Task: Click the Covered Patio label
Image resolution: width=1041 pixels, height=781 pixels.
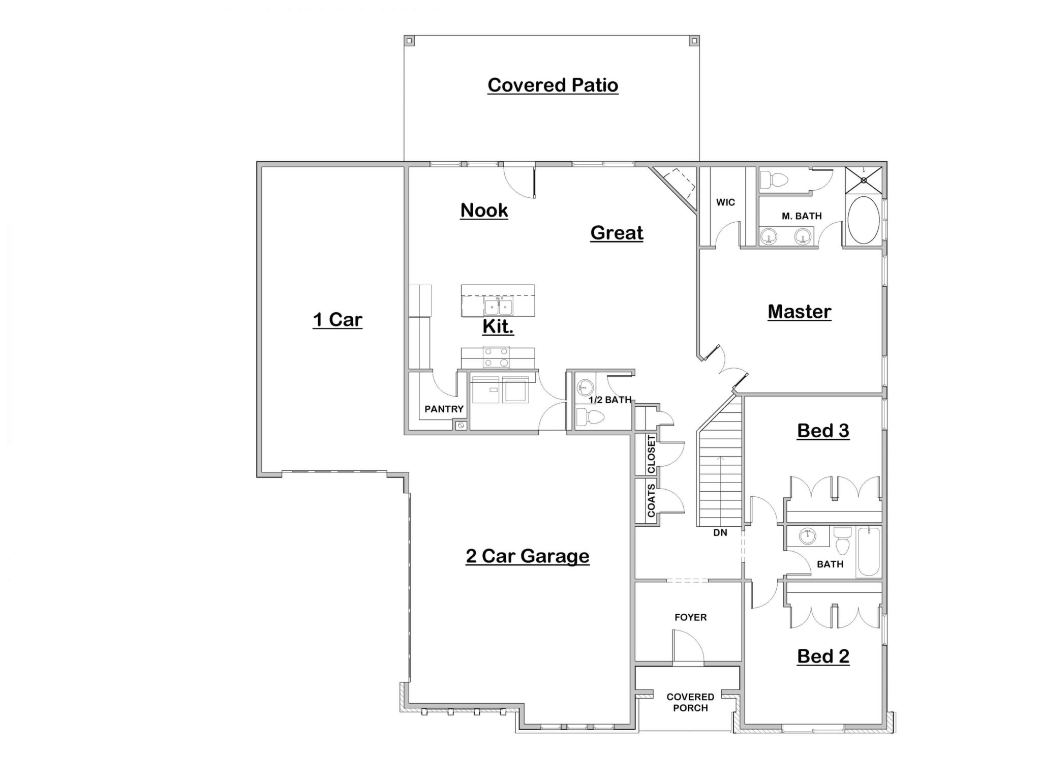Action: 553,85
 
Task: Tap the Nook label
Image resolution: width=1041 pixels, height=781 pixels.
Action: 484,211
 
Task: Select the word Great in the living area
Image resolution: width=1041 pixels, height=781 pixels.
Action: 617,233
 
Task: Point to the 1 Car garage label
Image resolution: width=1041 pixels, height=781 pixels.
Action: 338,320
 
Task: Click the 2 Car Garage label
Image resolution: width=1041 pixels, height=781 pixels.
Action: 528,556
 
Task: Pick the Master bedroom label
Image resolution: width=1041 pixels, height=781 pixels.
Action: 800,312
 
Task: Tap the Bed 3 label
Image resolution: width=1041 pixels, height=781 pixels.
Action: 823,431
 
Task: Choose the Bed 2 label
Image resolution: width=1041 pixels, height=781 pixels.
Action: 823,656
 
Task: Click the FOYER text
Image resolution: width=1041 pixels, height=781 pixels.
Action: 691,617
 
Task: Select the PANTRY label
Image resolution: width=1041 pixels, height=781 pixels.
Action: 444,409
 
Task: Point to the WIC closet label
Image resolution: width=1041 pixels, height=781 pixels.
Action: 725,202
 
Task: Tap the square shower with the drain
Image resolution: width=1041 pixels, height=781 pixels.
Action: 864,180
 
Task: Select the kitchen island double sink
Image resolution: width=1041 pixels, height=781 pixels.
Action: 498,307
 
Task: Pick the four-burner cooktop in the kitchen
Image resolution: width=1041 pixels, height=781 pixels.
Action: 496,357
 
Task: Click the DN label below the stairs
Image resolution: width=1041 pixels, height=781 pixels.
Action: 720,533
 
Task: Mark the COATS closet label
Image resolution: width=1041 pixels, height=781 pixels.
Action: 651,501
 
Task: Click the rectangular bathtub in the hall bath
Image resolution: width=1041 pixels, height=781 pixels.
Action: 869,552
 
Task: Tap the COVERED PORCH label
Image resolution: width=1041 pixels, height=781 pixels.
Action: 690,702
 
